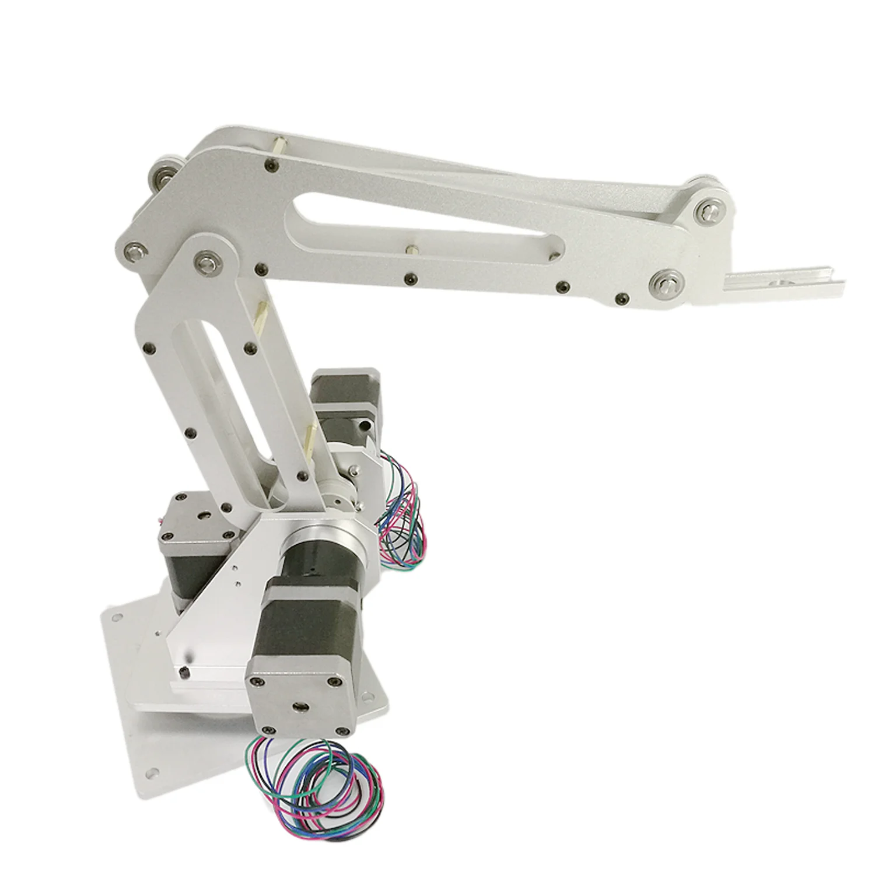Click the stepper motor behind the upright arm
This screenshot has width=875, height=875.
tap(344, 408)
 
